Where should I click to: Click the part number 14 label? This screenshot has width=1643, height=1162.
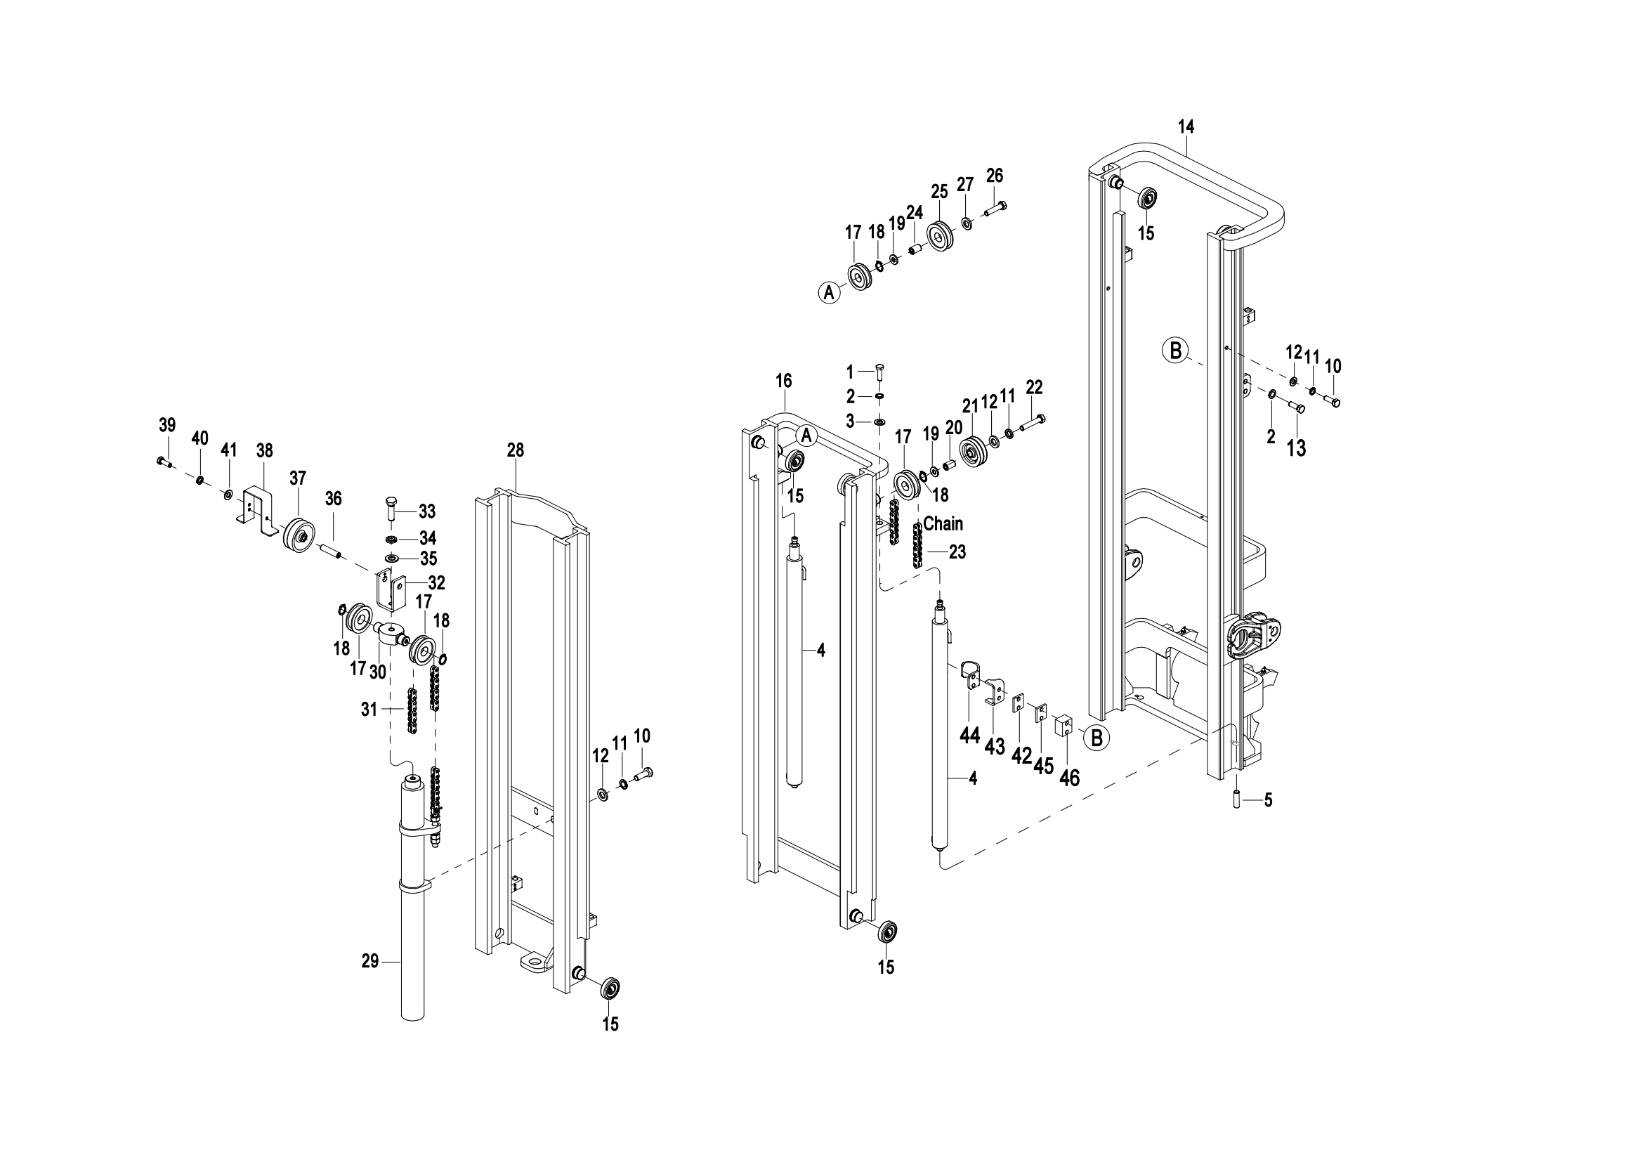(x=1186, y=126)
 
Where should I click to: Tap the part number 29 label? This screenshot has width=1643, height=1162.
(x=370, y=962)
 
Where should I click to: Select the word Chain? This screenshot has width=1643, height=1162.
(x=943, y=524)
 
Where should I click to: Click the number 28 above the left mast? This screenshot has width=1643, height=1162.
(x=515, y=450)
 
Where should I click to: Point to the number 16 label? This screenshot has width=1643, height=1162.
(x=784, y=381)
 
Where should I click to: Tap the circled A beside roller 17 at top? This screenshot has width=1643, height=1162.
(x=830, y=292)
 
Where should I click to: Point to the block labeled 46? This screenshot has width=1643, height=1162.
(x=1066, y=726)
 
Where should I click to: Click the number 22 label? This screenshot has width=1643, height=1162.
(x=1034, y=387)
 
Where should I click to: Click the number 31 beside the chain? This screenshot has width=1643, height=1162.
(x=369, y=709)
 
